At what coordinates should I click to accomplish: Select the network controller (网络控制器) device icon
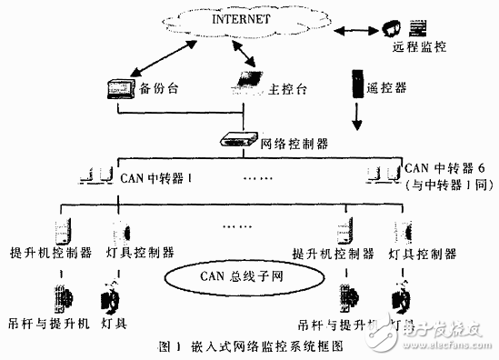pos(239,139)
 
